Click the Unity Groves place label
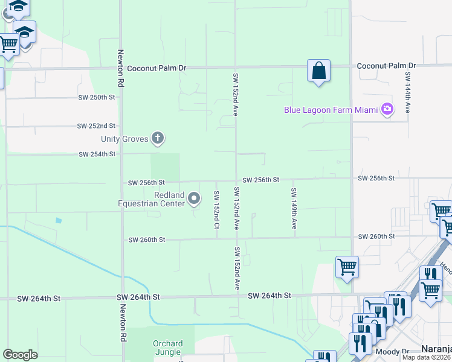click(125, 139)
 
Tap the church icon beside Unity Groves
click(158, 139)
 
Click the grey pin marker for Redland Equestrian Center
click(194, 198)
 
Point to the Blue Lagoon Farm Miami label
click(332, 110)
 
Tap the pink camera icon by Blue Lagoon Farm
click(387, 109)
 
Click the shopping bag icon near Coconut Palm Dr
click(318, 71)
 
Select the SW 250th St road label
click(96, 97)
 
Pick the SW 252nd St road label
click(96, 126)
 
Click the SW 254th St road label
click(97, 154)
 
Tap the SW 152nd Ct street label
click(216, 209)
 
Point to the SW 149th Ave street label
click(294, 208)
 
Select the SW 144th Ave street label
click(408, 92)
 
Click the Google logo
click(20, 355)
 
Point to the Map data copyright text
click(426, 357)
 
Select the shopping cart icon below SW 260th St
click(347, 267)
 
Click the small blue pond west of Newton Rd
click(57, 220)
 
